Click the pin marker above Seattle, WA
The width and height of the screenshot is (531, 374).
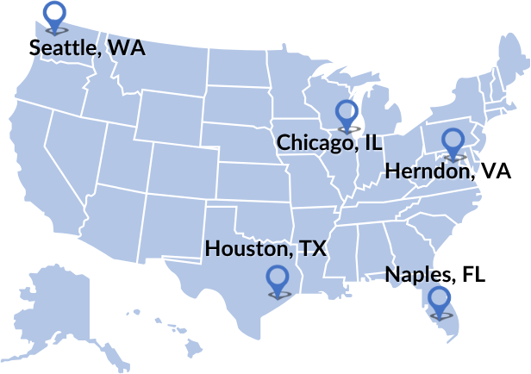coord(55,15)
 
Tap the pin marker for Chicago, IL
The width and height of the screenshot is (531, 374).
coord(347,114)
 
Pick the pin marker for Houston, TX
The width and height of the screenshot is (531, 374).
coord(278,279)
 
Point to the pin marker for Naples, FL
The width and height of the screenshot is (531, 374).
coord(440,300)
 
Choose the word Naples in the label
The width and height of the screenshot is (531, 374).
coord(420,275)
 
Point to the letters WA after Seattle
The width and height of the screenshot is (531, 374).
coord(128,47)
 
